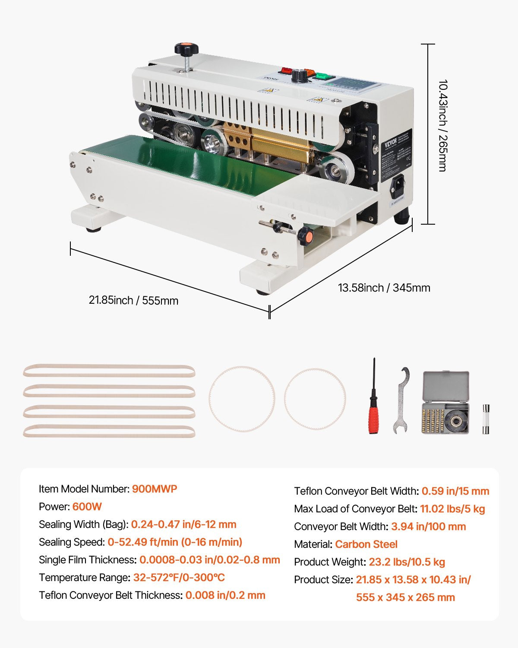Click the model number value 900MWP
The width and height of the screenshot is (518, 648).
[x=155, y=489]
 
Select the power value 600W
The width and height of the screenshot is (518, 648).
[x=87, y=506]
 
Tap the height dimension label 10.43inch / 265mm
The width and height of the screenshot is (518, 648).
[x=442, y=125]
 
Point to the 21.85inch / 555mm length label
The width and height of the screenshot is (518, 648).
[x=133, y=300]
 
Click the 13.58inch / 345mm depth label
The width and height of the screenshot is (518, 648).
[x=384, y=288]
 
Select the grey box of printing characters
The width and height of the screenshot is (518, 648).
[x=445, y=402]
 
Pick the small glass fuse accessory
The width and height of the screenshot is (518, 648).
[x=486, y=419]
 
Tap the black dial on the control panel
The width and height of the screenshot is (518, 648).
[x=297, y=76]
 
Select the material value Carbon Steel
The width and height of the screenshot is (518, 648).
[x=366, y=544]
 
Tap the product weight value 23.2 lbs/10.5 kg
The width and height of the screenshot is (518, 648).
[x=407, y=562]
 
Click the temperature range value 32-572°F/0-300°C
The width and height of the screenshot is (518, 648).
[x=179, y=578]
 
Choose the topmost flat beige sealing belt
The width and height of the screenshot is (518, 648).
[x=109, y=371]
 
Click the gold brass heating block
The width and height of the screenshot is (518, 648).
[x=276, y=142]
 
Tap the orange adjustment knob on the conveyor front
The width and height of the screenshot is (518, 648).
[x=305, y=235]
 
